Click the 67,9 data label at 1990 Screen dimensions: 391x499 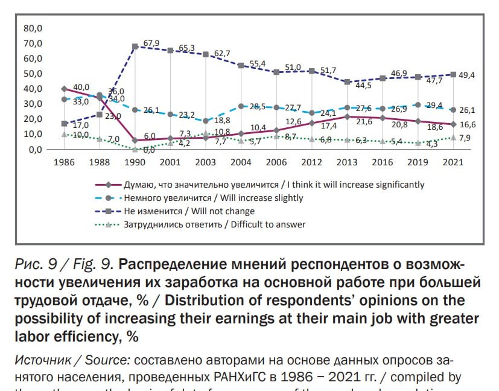click(x=151, y=43)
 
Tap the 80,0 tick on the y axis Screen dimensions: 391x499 click(x=33, y=28)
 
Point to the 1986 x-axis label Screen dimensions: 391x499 click(x=65, y=162)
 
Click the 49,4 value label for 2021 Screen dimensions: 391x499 click(x=469, y=75)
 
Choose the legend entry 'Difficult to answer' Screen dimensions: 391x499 click(x=214, y=224)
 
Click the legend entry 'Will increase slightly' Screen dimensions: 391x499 click(x=213, y=198)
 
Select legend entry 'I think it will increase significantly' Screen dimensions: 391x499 click(x=273, y=185)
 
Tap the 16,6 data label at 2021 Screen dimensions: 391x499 click(x=469, y=124)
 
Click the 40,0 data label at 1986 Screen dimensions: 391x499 click(x=81, y=87)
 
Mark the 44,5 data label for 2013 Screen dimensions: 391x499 click(x=363, y=86)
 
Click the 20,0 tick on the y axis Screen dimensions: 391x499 click(x=33, y=119)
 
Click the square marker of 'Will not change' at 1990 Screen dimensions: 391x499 click(x=135, y=46)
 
